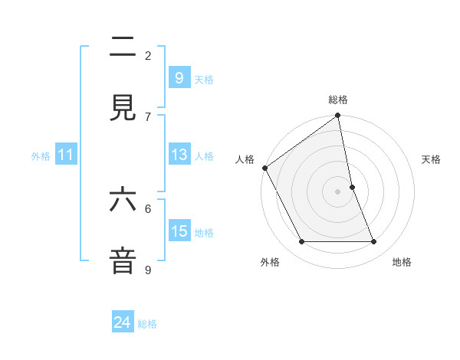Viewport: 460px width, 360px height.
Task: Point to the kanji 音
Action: tap(123, 260)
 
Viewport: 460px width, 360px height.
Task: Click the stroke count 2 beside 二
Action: tap(148, 55)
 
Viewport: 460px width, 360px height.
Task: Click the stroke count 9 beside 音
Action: tap(148, 269)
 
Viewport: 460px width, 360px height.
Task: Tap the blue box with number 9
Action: tap(179, 77)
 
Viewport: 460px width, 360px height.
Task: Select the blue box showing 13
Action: tap(179, 155)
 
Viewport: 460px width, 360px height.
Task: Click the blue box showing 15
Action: tap(179, 231)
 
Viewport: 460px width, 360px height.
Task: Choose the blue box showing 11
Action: tap(66, 155)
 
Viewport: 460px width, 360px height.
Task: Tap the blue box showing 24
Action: tap(123, 322)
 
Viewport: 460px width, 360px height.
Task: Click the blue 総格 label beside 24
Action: tap(148, 324)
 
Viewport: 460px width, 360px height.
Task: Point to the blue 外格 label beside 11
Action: tap(41, 156)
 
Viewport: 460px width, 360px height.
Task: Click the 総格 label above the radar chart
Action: tap(338, 100)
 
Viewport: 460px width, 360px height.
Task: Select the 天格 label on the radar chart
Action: tap(432, 159)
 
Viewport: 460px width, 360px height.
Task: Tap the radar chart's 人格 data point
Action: tap(264, 168)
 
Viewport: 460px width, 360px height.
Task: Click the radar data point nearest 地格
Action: tap(374, 242)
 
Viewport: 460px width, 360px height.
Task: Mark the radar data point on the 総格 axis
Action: tap(338, 116)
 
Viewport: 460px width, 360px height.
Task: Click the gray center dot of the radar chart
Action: tap(338, 191)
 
